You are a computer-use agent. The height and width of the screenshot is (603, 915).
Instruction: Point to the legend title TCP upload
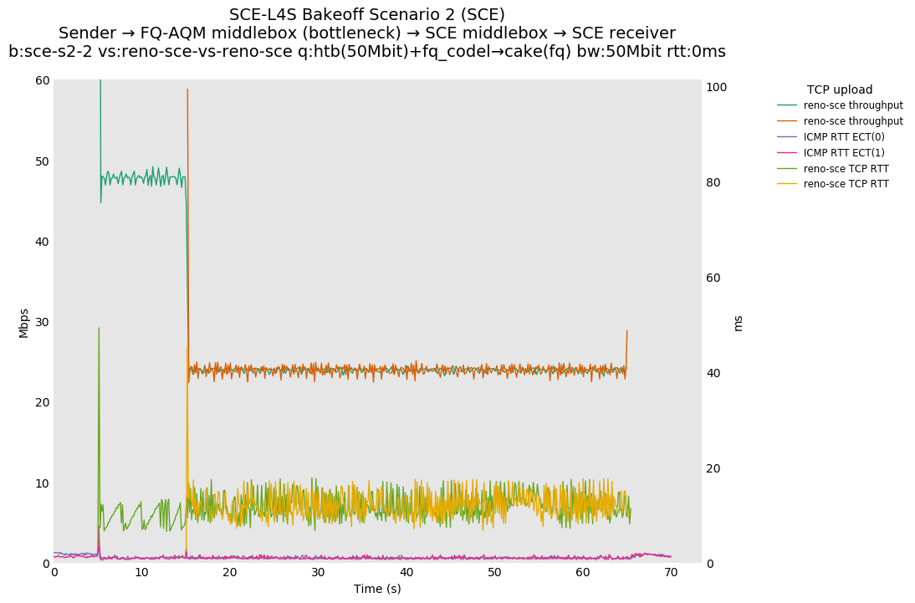tap(839, 89)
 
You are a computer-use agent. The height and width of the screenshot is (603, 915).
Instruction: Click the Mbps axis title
tap(23, 322)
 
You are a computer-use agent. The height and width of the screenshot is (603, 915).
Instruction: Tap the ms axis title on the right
tap(738, 323)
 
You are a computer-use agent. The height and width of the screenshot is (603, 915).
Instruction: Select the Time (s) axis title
tap(377, 589)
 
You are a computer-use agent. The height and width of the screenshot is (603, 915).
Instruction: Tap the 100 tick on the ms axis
tap(717, 87)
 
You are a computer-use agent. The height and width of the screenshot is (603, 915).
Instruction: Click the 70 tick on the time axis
tap(671, 572)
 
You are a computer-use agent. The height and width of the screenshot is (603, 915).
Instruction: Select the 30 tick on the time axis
tap(318, 572)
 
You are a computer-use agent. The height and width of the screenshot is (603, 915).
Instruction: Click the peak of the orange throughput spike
tap(187, 89)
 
